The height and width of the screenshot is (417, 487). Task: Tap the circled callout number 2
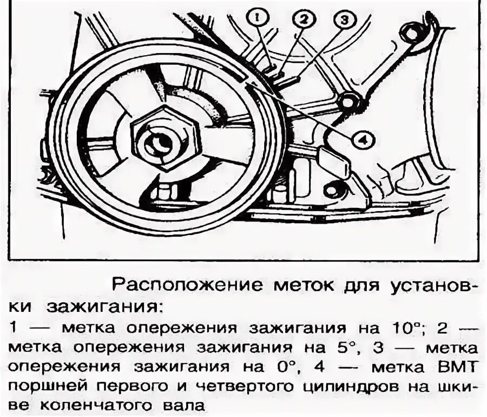303,21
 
